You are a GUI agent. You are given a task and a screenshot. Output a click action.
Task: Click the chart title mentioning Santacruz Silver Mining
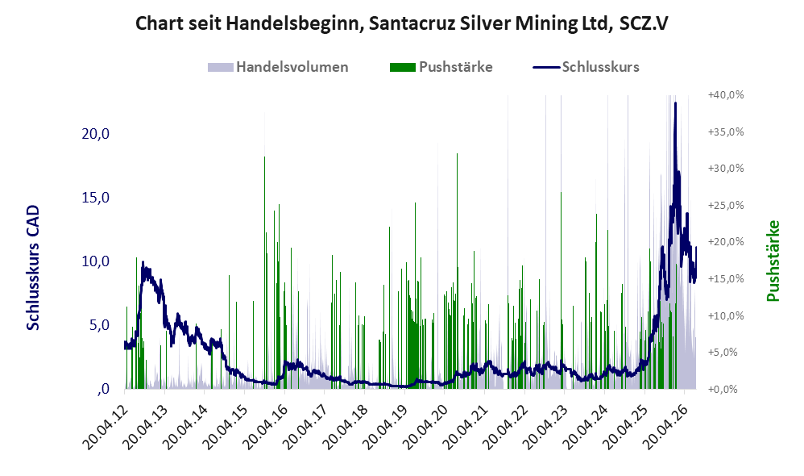click(x=401, y=23)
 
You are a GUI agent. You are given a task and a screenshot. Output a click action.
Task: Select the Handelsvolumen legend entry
click(x=278, y=67)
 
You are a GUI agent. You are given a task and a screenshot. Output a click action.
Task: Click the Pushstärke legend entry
click(x=441, y=67)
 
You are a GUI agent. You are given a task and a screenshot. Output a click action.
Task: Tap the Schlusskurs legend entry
click(x=586, y=67)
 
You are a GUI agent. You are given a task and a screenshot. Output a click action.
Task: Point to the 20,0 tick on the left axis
click(x=96, y=133)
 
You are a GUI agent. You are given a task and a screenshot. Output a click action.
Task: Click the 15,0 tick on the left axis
click(x=96, y=197)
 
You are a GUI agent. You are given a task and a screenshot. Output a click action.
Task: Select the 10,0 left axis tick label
click(x=96, y=261)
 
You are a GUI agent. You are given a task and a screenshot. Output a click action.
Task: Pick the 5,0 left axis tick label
click(x=99, y=324)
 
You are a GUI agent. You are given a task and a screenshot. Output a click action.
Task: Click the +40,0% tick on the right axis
click(x=726, y=95)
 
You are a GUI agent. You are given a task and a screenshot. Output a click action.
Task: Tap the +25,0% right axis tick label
click(x=726, y=206)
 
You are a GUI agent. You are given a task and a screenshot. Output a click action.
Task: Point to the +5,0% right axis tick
click(x=728, y=353)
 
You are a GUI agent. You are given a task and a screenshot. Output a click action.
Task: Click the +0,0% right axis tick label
click(x=728, y=389)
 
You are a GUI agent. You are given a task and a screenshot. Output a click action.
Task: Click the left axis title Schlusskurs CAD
click(x=33, y=268)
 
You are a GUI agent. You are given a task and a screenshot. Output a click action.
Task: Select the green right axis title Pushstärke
click(x=773, y=261)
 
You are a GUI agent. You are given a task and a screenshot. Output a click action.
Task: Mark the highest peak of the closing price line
click(x=675, y=103)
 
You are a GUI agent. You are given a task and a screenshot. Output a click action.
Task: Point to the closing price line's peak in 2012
click(x=143, y=263)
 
